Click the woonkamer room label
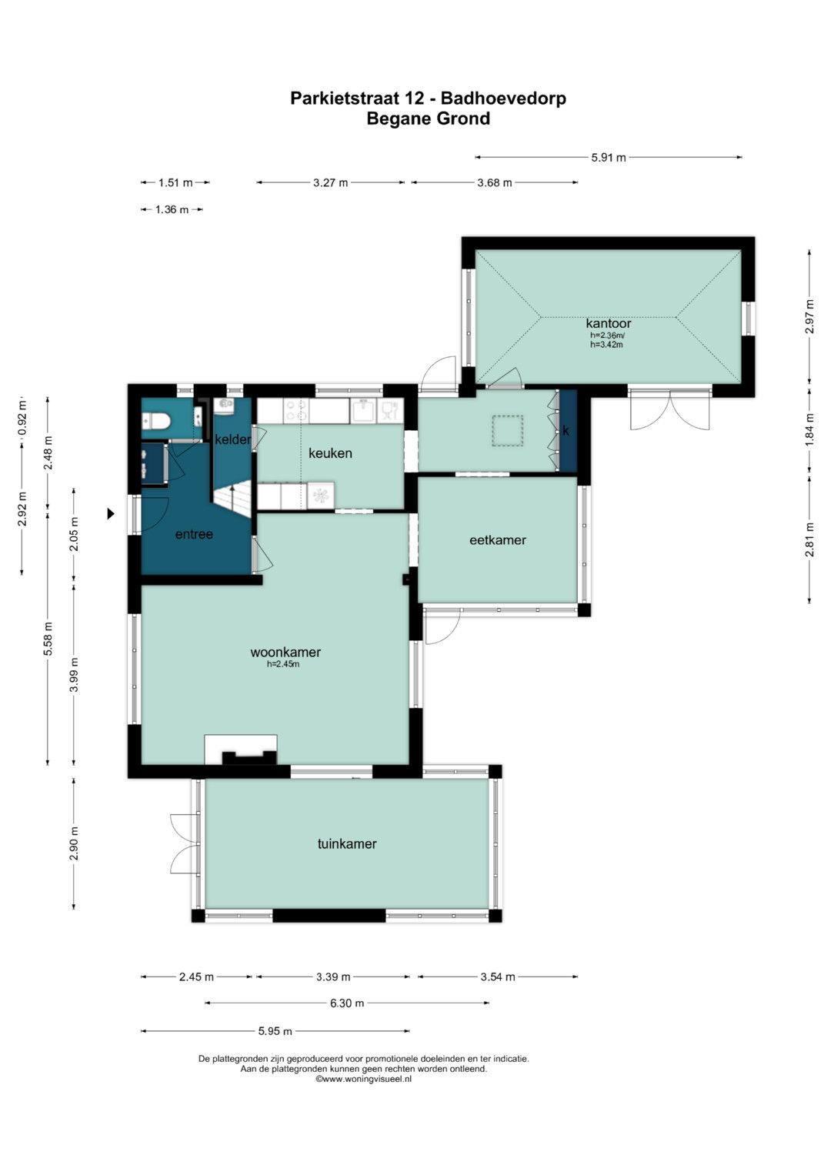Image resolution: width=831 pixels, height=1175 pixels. point(285,652)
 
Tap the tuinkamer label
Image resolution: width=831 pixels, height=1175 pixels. point(347,843)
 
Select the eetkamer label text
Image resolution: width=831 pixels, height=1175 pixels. point(497,539)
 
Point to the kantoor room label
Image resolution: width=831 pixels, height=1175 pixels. point(608,324)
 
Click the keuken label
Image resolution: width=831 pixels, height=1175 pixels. point(330,452)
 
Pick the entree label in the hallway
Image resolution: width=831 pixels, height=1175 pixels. point(194,534)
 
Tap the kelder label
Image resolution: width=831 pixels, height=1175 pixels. point(232,439)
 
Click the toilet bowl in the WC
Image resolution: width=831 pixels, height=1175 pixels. point(155,421)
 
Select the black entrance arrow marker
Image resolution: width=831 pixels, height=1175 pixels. point(110,513)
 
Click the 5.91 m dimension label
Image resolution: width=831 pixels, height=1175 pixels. point(608,158)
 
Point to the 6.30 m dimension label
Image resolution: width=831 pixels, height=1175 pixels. point(347,1003)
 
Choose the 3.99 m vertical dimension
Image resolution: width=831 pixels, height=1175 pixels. point(74,674)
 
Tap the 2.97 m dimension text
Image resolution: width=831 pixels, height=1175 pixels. point(809,316)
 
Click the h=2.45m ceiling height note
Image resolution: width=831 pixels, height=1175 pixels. point(283,664)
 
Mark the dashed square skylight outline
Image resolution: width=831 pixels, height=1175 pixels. point(507,431)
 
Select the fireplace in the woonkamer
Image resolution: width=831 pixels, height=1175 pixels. point(241,749)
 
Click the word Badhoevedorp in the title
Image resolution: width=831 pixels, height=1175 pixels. point(503,98)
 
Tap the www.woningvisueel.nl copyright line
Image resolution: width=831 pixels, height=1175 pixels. point(363,1079)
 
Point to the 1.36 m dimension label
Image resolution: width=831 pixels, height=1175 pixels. point(172,210)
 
